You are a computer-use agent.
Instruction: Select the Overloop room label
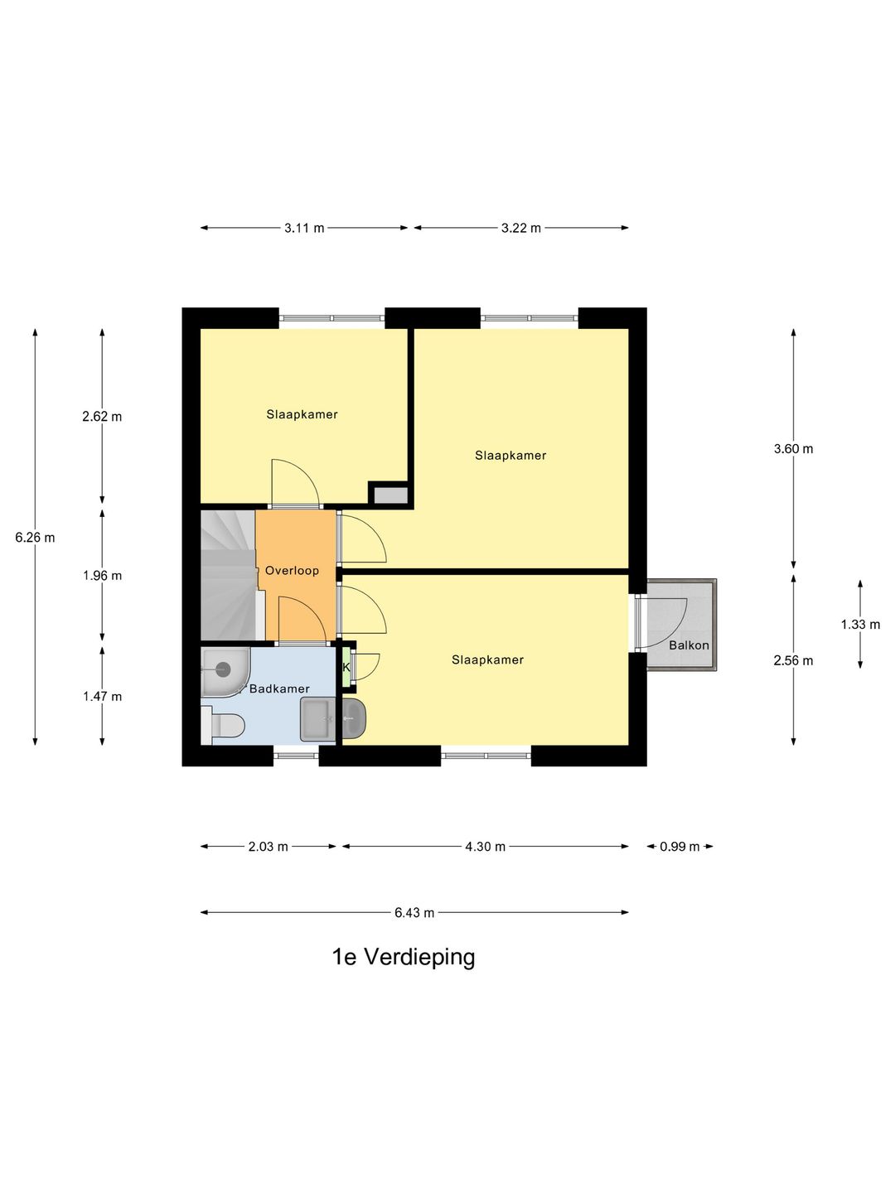tap(292, 571)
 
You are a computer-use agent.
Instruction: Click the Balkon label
tap(689, 645)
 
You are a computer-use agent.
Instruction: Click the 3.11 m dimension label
tap(304, 228)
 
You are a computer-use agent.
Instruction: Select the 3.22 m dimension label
tap(521, 228)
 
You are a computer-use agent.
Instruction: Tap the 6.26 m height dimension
tap(36, 538)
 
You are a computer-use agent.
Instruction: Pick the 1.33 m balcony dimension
tap(860, 625)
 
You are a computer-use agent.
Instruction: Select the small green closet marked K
tap(346, 667)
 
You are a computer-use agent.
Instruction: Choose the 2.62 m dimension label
tap(102, 417)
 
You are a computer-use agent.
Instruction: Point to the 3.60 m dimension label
tap(793, 448)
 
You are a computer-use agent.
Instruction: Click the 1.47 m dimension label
tap(102, 696)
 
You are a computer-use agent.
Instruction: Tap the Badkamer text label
tap(279, 688)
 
